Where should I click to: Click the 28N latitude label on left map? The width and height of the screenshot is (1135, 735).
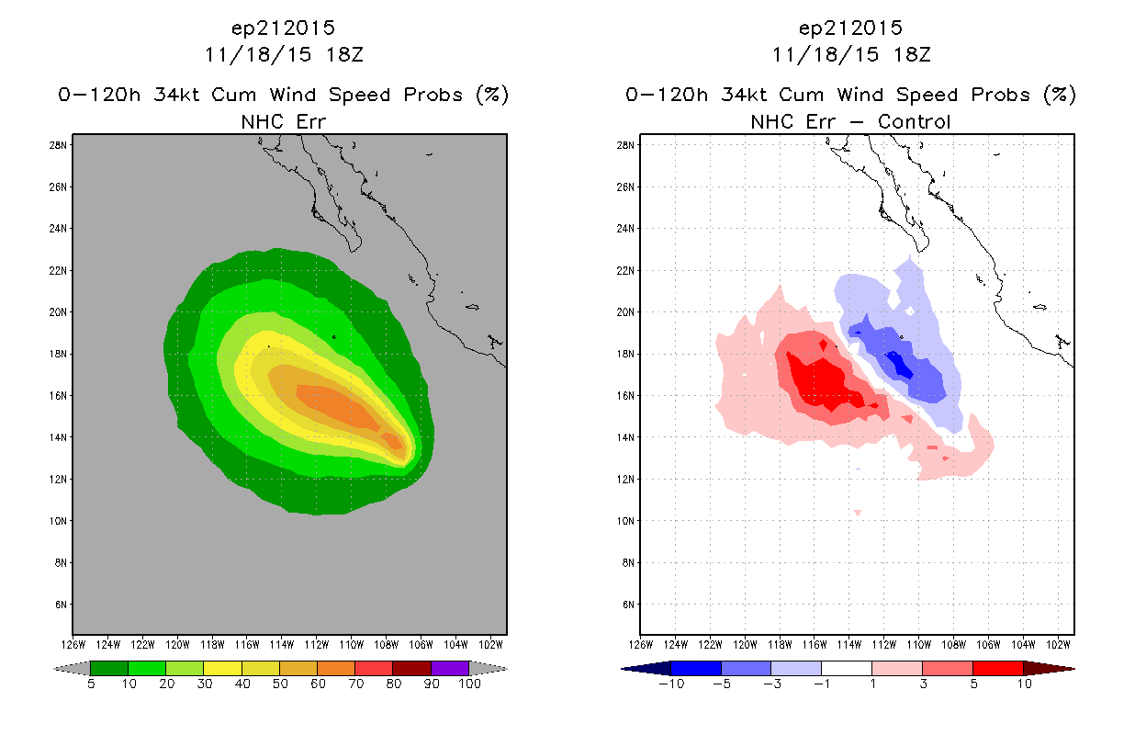point(58,145)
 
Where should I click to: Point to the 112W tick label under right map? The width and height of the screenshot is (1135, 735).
point(883,645)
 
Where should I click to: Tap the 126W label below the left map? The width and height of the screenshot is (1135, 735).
point(73,645)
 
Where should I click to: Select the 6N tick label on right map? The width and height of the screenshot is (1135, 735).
point(628,605)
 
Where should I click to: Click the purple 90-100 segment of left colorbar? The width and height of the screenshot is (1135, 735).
point(450,668)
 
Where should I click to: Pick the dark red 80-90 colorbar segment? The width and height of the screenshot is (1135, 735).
point(412,668)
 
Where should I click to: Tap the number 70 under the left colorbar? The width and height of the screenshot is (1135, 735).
point(355,684)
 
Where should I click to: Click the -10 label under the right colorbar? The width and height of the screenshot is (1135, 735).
point(671,684)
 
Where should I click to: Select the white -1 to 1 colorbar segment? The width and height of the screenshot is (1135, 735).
point(847,668)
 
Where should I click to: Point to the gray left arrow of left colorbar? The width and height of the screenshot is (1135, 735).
point(72,669)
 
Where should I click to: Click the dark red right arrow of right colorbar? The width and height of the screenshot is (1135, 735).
point(1049,669)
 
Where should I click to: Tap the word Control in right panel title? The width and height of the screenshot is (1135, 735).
point(914,122)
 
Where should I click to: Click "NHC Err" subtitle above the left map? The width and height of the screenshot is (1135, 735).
point(284,122)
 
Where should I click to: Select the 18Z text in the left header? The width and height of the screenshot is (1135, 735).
point(344,55)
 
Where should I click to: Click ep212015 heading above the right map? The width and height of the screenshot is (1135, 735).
point(850,28)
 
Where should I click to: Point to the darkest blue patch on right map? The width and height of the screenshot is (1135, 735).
point(899,365)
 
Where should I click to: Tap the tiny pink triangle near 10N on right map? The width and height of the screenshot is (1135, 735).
point(858,513)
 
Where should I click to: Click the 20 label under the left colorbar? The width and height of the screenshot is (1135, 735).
point(167,684)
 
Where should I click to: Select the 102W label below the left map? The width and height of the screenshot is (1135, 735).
point(490,645)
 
